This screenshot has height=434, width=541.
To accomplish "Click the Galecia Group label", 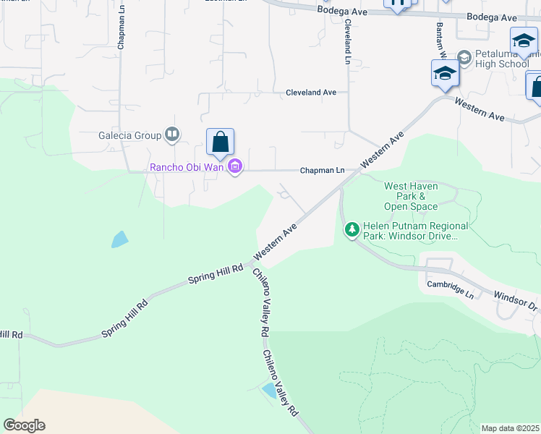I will point(129,135).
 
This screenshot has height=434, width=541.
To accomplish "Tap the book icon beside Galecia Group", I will point(172,135).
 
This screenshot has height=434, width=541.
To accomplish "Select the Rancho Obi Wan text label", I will point(187,168).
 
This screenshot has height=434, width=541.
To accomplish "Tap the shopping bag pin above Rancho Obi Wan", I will point(220,142).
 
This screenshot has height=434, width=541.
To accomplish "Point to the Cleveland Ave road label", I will point(311,93).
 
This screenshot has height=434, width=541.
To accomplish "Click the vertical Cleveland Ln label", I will point(348,39).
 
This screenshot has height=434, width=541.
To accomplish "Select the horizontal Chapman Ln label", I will point(322,171).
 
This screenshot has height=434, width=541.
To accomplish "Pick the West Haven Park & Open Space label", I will point(410,196).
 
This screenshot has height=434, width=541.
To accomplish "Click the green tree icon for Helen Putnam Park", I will point(352,229).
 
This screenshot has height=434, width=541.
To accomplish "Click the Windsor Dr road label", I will point(515,301).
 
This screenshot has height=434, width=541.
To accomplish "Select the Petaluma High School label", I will point(503,59).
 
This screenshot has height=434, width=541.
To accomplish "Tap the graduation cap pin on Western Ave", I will point(445,73).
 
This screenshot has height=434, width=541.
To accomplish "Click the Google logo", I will point(24,425).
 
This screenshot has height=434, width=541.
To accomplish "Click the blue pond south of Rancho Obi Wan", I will point(120,239).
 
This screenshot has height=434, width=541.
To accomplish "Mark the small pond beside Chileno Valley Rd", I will point(269,391).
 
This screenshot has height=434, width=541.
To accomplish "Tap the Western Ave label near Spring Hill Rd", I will point(276,242).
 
